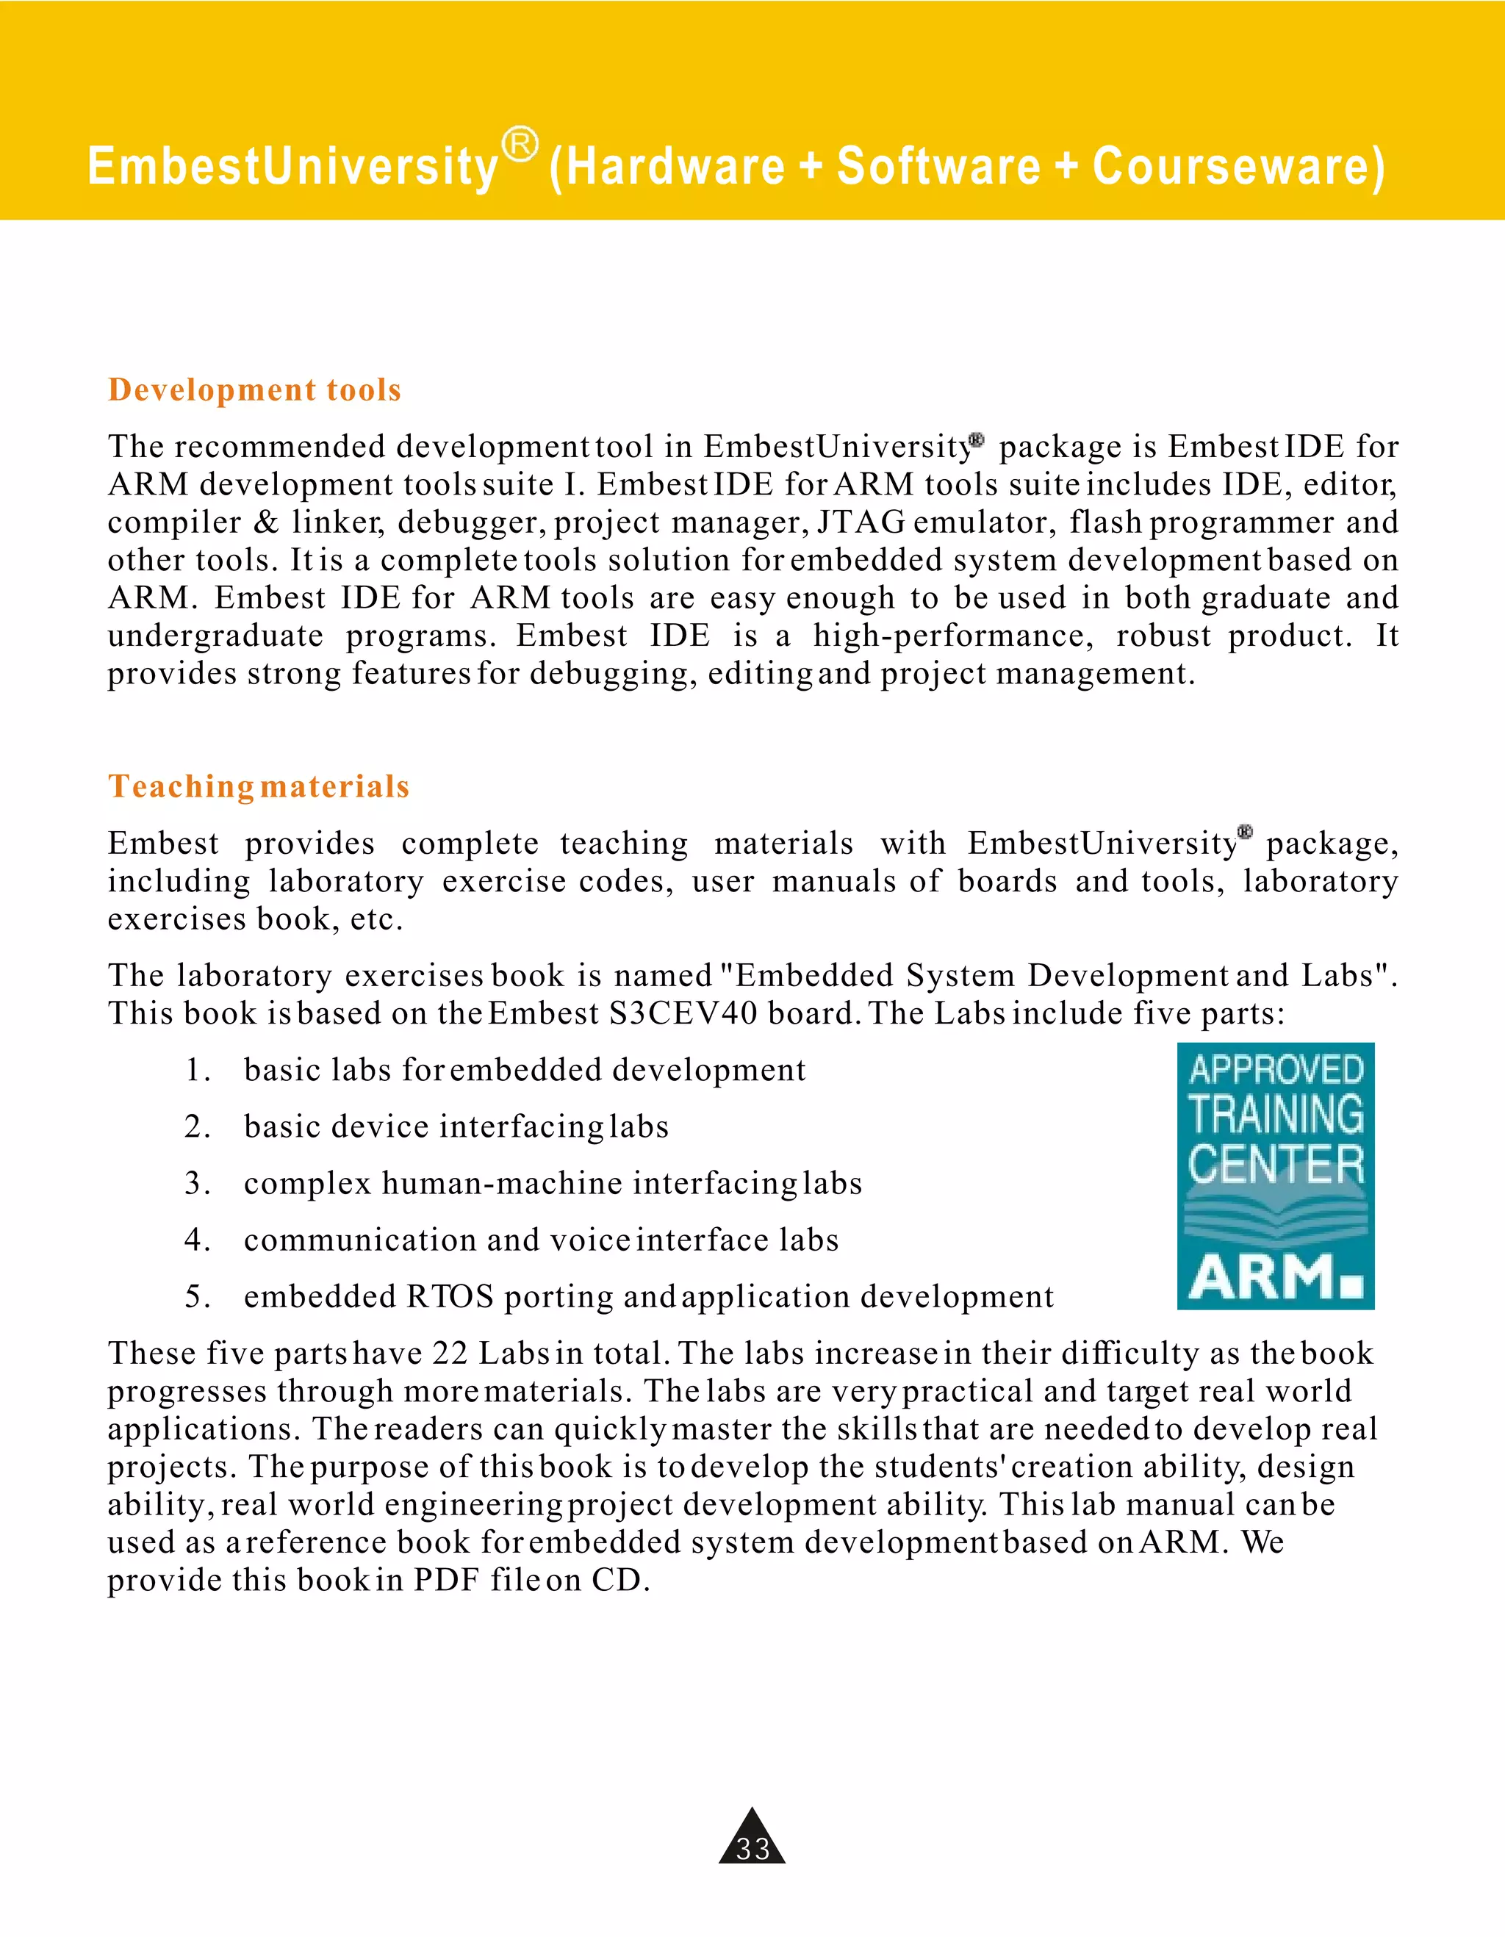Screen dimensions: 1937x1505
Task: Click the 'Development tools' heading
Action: click(254, 390)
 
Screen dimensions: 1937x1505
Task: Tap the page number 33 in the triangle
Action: click(752, 1848)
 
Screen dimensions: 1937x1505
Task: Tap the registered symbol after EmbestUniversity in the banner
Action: click(520, 145)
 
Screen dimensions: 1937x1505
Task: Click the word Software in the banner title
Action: click(938, 167)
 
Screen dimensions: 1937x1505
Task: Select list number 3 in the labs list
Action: click(196, 1184)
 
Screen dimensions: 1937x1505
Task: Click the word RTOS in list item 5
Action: click(450, 1298)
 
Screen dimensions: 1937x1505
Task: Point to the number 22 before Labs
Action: click(450, 1354)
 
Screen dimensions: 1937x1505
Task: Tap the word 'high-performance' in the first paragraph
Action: click(948, 636)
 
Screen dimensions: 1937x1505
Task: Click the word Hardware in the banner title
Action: click(675, 167)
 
